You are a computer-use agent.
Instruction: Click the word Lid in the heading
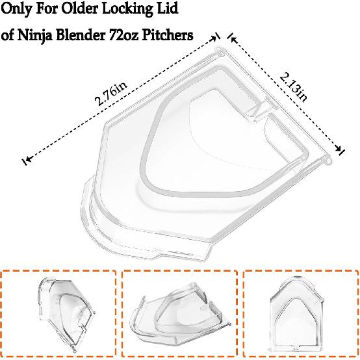point(167,8)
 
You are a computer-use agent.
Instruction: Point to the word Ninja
point(34,36)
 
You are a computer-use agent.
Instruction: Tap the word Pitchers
point(168,35)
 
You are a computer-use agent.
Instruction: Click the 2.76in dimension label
point(111,94)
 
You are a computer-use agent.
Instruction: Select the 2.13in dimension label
point(293,87)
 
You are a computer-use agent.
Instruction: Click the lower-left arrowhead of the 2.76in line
point(27,159)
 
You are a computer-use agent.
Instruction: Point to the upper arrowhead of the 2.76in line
point(214,38)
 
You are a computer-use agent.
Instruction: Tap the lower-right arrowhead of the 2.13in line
point(339,149)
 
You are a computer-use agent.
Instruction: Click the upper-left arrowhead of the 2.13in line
point(233,39)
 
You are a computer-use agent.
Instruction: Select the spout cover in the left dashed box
point(66,313)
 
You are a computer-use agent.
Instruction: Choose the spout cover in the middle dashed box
point(179,317)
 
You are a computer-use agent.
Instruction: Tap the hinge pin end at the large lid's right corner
point(327,159)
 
